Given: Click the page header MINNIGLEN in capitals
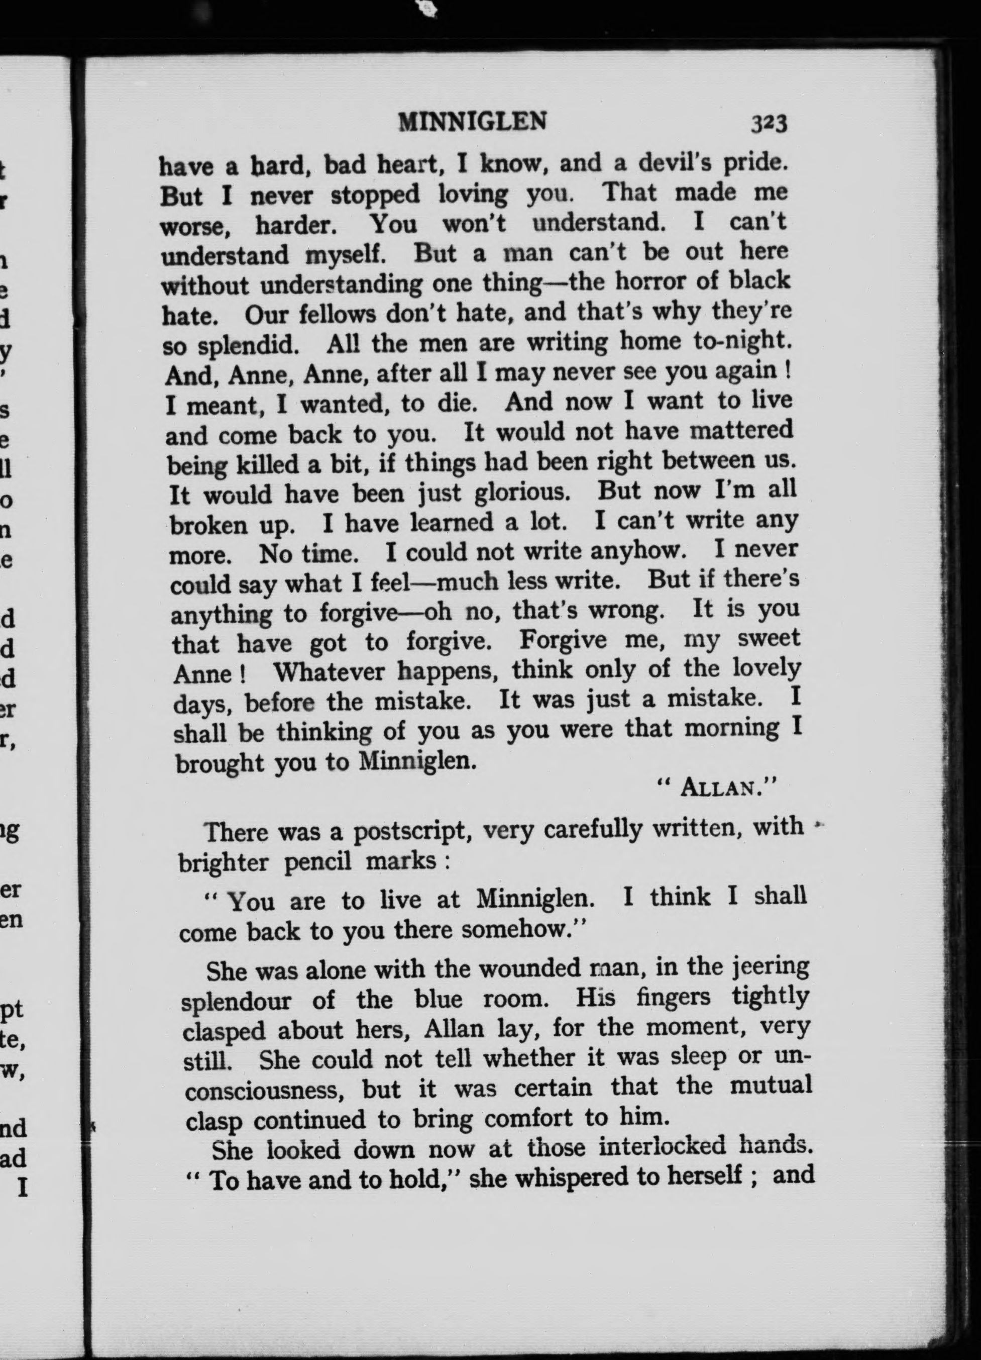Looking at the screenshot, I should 472,122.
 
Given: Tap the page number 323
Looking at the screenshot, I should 769,124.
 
